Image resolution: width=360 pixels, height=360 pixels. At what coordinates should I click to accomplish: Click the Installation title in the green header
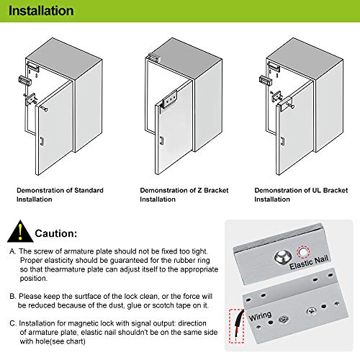[x=41, y=12]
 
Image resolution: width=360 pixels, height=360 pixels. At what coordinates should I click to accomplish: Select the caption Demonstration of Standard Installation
[x=60, y=194]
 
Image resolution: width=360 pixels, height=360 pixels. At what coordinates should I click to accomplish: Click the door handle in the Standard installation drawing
[x=41, y=140]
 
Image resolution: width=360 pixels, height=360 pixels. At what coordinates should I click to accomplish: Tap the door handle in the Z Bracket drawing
[x=161, y=140]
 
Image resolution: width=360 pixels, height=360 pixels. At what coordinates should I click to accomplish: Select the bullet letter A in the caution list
[x=12, y=251]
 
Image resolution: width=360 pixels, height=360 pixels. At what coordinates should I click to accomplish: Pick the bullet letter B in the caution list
[x=12, y=295]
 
